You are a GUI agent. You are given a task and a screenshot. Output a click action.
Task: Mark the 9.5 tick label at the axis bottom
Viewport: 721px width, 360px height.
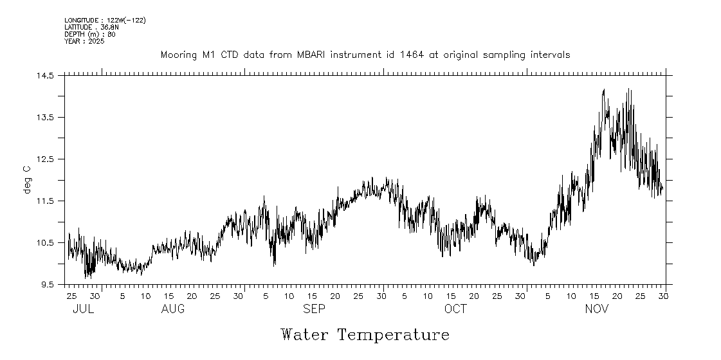point(48,285)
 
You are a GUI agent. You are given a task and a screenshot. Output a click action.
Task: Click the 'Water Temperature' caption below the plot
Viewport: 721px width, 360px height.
point(365,335)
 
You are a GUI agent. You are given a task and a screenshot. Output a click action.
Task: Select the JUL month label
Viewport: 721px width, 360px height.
point(83,309)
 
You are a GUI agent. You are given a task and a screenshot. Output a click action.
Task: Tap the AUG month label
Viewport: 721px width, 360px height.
point(173,309)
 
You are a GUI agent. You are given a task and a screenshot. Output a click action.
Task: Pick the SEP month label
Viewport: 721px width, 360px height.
point(314,309)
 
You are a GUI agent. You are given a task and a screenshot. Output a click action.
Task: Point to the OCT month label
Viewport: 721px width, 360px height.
point(455,309)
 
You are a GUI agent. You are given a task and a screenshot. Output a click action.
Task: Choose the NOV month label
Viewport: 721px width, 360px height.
point(596,309)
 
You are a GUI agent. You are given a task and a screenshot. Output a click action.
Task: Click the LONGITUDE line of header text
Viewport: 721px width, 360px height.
point(105,21)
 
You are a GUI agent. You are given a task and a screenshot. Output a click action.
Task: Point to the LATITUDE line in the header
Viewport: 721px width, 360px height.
point(91,28)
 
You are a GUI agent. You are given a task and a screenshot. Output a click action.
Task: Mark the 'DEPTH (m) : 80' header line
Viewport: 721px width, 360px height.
point(90,35)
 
